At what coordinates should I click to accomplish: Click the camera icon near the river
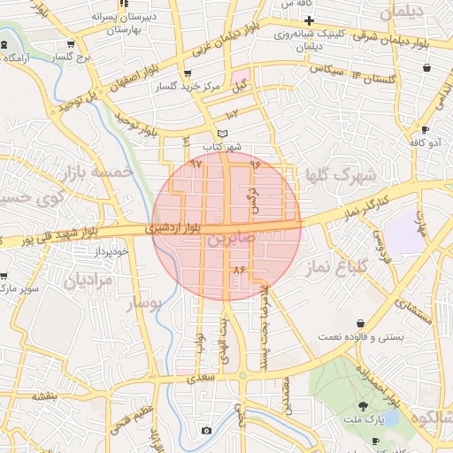207,431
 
